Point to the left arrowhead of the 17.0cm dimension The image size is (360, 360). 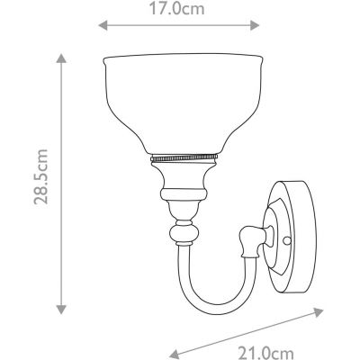pos(102,27)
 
